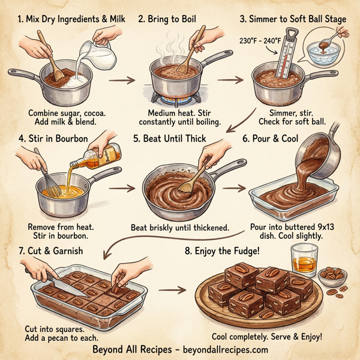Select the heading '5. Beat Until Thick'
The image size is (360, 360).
tap(172, 138)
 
